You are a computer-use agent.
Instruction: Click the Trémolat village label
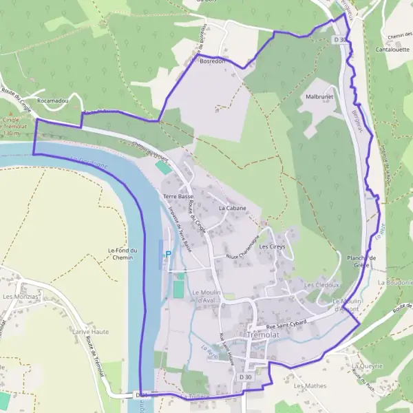click(x=262, y=335)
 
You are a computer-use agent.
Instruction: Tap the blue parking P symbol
click(x=167, y=254)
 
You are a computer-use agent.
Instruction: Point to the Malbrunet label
click(x=319, y=98)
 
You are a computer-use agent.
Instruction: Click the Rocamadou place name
click(x=54, y=100)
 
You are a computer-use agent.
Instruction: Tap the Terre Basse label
click(x=178, y=196)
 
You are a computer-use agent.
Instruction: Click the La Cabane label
click(x=232, y=207)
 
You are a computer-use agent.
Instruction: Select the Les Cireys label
click(x=272, y=246)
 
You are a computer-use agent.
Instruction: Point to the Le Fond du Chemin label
click(x=124, y=254)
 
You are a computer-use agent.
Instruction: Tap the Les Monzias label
click(x=21, y=297)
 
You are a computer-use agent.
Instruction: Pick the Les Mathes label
click(x=309, y=386)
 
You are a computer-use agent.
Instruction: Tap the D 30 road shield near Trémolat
click(x=246, y=378)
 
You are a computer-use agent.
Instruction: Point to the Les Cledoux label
click(x=321, y=284)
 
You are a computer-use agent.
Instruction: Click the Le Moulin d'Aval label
click(x=205, y=296)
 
